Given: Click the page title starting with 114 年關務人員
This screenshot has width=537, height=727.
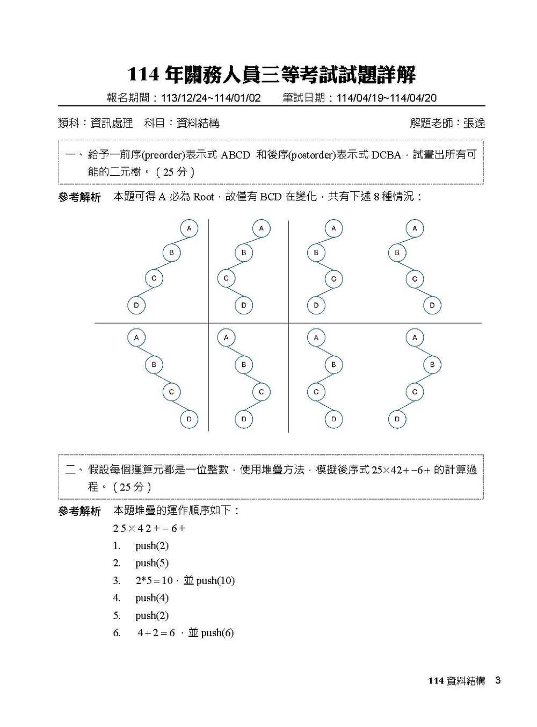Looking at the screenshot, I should point(272,75).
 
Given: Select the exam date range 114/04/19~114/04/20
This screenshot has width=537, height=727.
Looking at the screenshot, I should point(386,98).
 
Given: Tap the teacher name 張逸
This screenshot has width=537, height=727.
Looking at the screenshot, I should point(474,123).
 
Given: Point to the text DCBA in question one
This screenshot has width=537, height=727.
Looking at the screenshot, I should point(386,155).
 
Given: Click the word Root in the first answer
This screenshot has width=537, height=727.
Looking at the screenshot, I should point(204,197).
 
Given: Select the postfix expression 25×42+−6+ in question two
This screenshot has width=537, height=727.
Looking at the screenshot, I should point(401,470).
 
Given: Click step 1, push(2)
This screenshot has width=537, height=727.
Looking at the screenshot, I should point(152,546).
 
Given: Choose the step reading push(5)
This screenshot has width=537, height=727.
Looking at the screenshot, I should point(152,563).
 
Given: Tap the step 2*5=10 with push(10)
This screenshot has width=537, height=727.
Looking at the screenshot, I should point(185,581).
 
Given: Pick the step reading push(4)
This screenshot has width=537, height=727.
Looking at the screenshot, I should point(152,598).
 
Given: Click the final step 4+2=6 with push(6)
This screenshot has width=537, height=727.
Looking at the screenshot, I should point(185,633).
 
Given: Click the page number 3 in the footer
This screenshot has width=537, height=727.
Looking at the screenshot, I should point(498,681).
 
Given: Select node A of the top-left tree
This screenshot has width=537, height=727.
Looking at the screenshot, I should point(189,228).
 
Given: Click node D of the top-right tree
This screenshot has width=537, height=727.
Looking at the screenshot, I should point(432,306).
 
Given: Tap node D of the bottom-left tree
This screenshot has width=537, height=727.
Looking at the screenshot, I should point(189,419).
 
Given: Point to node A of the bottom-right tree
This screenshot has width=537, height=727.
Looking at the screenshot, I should point(415,338).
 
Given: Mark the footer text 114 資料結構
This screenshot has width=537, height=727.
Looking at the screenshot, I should point(456,681).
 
